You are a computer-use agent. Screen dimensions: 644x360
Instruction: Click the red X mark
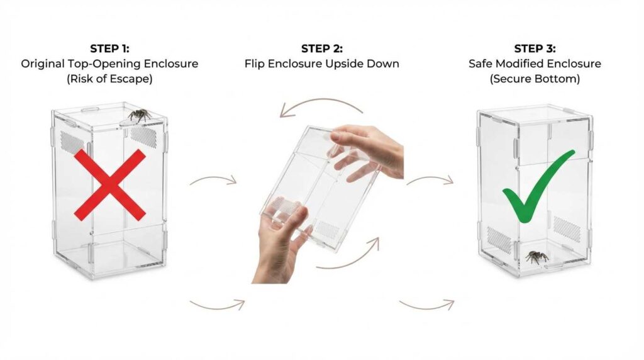coord(109,185)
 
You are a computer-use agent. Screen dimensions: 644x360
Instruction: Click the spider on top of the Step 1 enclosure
coord(139,115)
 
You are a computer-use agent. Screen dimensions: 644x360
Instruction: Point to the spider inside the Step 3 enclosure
coord(537,257)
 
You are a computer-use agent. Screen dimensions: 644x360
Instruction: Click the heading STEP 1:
coord(109,48)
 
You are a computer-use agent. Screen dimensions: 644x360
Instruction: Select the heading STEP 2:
coord(321,48)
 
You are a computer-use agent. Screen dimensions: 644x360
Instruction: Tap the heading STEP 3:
coord(535,48)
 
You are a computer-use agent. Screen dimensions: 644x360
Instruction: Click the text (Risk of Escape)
coord(109,79)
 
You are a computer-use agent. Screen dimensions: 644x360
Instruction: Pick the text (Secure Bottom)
coord(535,79)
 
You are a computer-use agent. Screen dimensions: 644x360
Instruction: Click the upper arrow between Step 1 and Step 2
coord(213,179)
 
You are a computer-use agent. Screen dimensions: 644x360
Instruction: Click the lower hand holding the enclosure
coord(279,242)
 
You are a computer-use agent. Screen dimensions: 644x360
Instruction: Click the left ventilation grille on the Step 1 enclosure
coord(72,143)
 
